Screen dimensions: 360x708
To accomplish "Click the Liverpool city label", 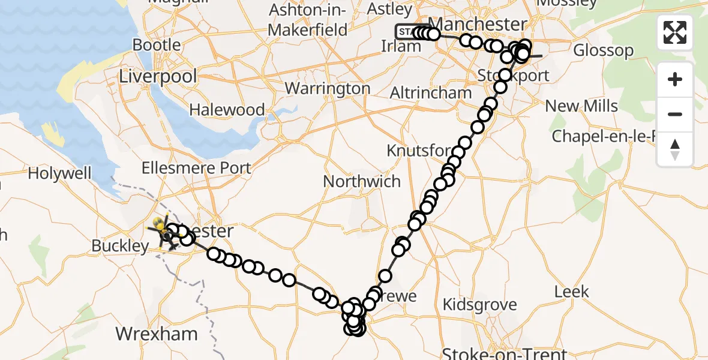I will coord(158,76).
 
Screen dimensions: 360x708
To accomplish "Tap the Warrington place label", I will coord(328,88).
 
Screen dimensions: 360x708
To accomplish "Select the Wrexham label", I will coord(156,334).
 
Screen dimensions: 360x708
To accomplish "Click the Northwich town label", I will coord(362,181).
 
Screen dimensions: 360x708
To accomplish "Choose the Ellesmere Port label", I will coord(196,167).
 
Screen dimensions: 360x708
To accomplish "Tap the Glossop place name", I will coord(603,50).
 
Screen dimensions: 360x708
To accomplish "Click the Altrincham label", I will coord(431,93).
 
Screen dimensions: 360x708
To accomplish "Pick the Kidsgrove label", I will coord(479,304).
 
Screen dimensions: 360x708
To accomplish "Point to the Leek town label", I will coord(571,292).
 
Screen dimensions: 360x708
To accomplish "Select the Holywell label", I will coord(59,174).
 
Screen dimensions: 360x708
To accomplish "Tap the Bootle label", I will coord(156,45).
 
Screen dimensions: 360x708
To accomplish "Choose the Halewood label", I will coord(227,110).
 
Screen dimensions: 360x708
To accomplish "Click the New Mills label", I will coord(581,106).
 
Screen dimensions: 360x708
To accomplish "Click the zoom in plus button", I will coord(675,79).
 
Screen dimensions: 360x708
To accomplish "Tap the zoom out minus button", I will coord(675,114).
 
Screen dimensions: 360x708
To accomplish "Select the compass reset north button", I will coord(675,148).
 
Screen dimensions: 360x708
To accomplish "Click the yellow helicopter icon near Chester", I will coord(160,227).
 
